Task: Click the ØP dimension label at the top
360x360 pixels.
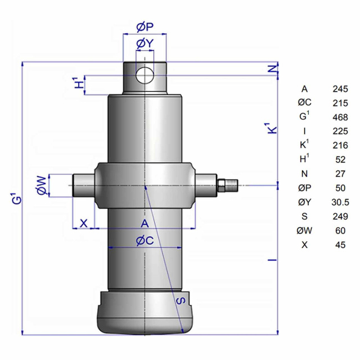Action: click(x=145, y=27)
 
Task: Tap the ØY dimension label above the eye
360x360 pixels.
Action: click(x=145, y=43)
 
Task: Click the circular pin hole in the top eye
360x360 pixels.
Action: click(x=145, y=75)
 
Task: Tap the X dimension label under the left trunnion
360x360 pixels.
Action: click(x=84, y=223)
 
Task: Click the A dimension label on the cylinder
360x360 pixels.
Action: click(x=145, y=223)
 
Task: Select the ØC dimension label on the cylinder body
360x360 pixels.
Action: click(x=145, y=241)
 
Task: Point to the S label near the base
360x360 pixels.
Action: click(x=181, y=301)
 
